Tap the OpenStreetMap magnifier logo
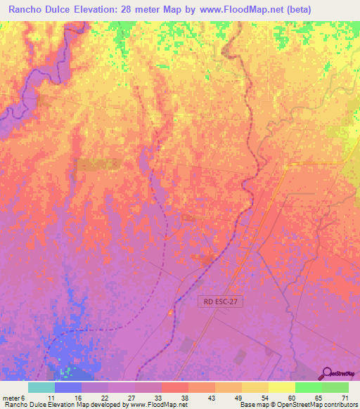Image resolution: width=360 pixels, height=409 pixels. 326,373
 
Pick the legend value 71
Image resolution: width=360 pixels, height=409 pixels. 345,398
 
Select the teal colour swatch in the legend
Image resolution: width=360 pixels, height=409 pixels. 41,387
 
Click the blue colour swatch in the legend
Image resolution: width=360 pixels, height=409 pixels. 68,387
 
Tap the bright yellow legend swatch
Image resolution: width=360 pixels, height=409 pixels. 282,387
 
